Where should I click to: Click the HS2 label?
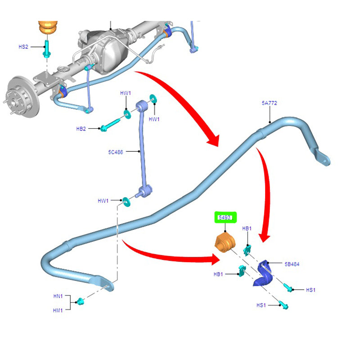tap(23, 46)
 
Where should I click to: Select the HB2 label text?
tap(81, 129)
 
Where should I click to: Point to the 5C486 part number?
tap(116, 152)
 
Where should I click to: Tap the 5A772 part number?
tap(269, 103)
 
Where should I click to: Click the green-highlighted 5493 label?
tap(225, 218)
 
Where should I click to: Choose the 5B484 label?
tap(292, 265)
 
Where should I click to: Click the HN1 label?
tap(58, 297)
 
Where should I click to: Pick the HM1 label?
tap(58, 310)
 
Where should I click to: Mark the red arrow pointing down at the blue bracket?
tap(266, 198)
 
